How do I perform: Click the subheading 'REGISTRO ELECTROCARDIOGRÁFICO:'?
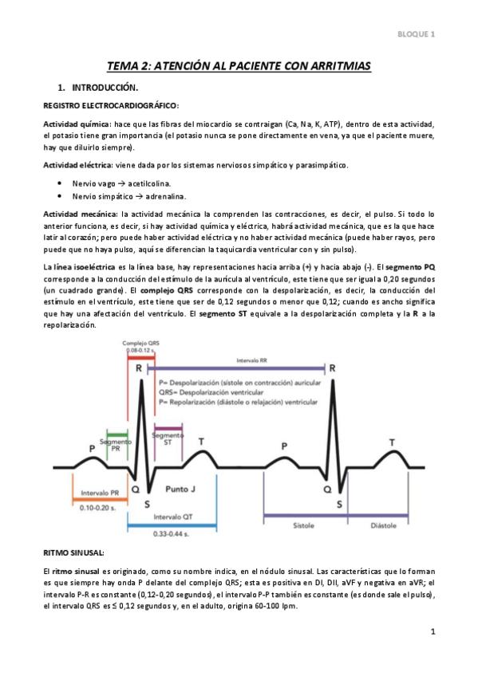111,105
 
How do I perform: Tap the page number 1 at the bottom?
432,633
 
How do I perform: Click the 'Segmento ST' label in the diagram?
167,438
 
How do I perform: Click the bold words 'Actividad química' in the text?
77,124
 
